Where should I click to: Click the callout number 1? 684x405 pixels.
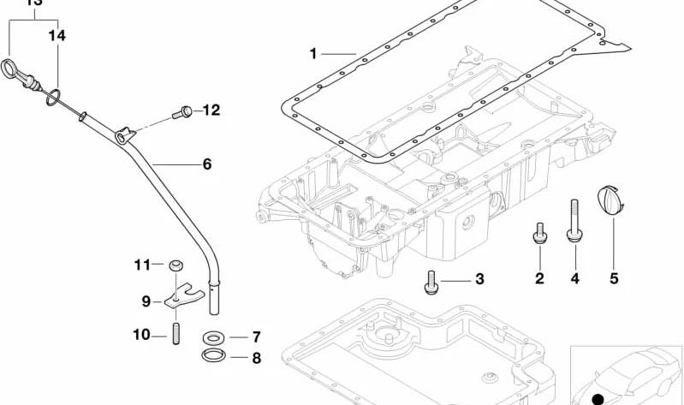[312, 54]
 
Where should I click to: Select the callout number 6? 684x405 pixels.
[206, 163]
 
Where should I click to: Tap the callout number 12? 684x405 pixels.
[211, 110]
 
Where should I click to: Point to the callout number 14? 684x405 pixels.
[57, 36]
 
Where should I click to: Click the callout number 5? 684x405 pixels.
[614, 277]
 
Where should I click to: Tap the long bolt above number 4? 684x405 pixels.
[574, 218]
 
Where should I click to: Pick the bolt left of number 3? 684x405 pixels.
[431, 281]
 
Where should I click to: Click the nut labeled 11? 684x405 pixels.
[176, 264]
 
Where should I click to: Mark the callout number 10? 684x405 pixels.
[141, 334]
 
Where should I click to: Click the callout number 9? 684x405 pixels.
[146, 301]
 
